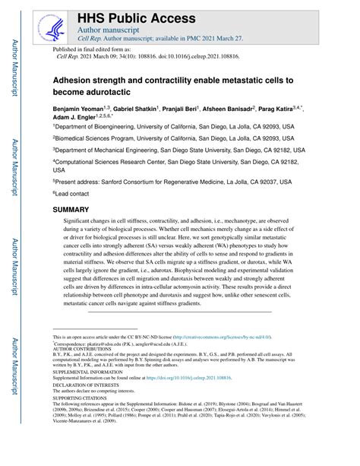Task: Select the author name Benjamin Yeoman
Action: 81,109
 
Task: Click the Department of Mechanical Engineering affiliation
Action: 178,151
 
